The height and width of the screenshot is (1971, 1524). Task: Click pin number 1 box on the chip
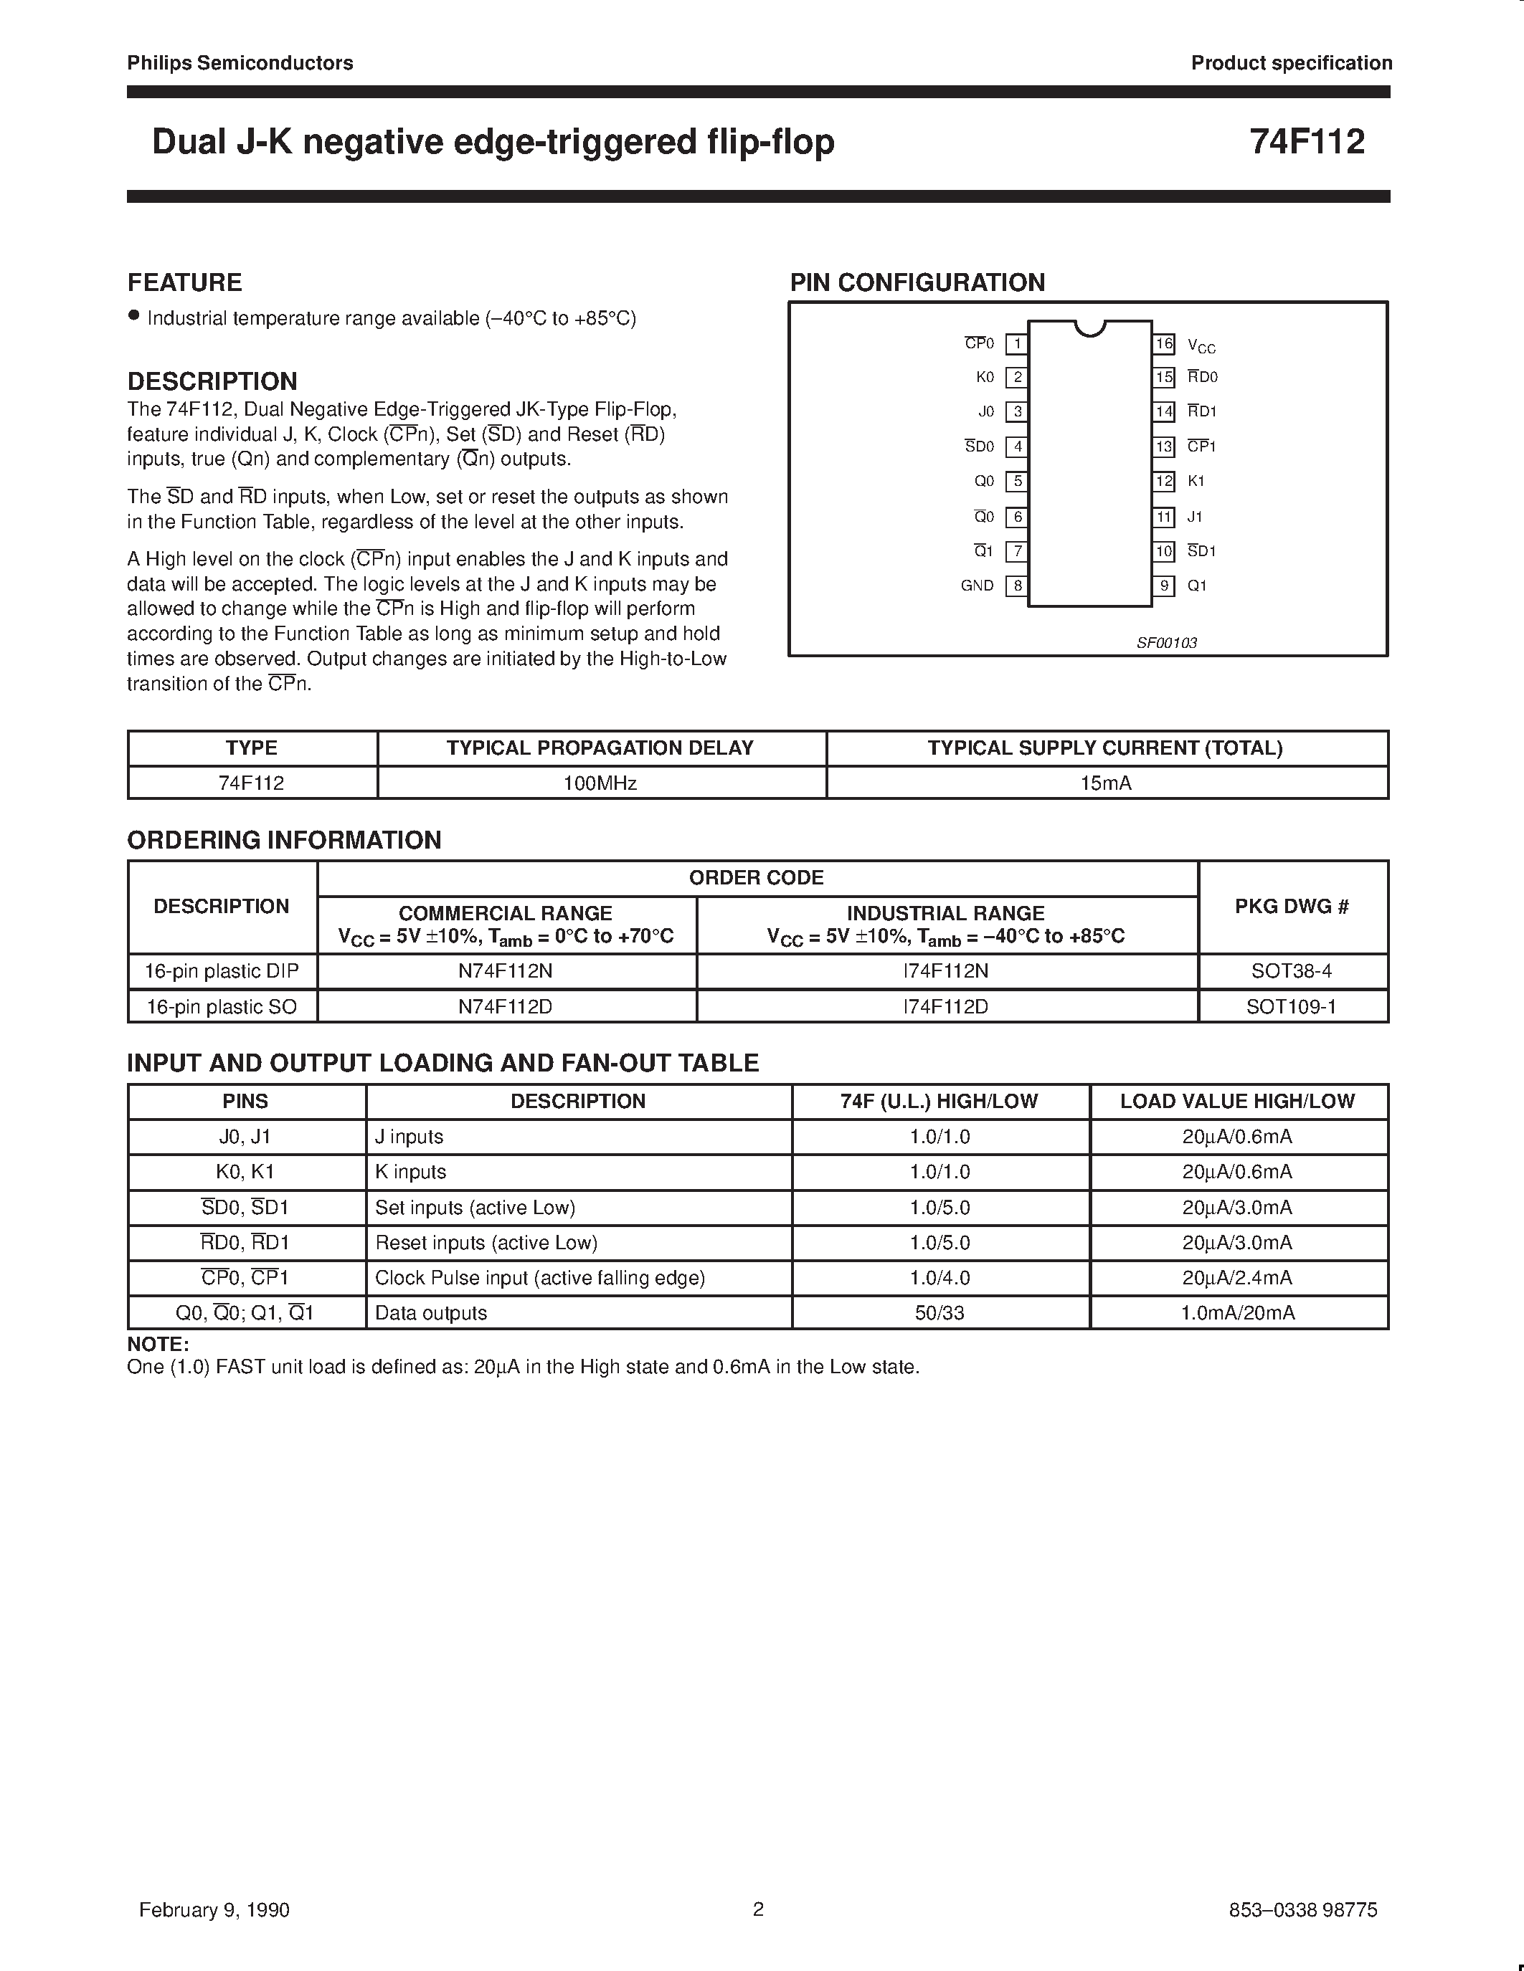coord(1017,344)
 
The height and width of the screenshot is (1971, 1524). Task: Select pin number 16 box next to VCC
coord(1164,344)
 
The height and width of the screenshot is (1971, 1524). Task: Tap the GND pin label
coord(977,586)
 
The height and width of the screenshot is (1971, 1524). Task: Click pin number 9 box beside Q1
coord(1164,586)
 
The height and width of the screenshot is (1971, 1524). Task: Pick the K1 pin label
coord(1196,481)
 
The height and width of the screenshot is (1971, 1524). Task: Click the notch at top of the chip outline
coord(1091,328)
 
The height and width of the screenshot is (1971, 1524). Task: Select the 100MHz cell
coord(600,783)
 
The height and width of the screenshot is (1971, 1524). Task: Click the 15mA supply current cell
coord(1106,783)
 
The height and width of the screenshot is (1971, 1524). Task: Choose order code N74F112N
coord(506,971)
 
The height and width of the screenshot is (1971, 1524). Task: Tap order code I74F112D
coord(945,1006)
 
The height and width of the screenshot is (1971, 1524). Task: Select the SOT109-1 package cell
coord(1291,1006)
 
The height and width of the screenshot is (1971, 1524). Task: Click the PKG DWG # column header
coord(1291,906)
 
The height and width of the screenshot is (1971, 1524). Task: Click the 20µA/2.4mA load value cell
coord(1237,1278)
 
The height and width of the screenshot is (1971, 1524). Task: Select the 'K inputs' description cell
coord(411,1171)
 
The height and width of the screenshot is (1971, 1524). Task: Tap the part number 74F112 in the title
coord(1307,142)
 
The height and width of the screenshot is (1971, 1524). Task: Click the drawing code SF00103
coord(1166,643)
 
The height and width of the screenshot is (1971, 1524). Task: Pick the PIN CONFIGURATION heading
coord(917,282)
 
